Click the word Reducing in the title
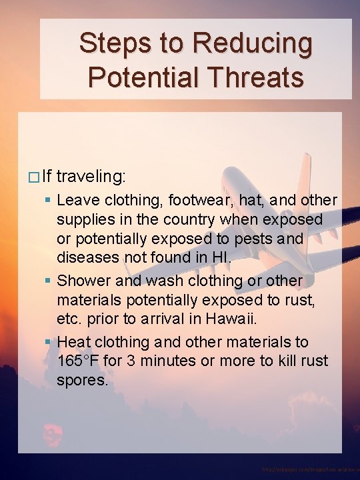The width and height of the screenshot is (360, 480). [x=253, y=44]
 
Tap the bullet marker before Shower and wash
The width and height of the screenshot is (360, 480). [x=50, y=281]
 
